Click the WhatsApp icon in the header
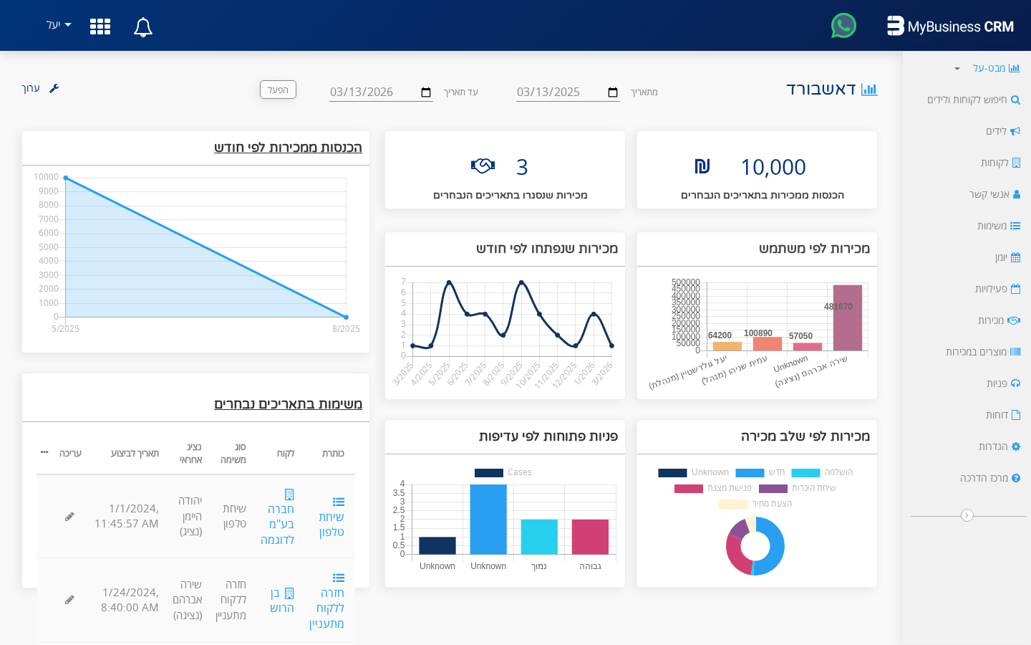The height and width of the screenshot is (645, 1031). [843, 26]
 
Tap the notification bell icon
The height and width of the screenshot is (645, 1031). [143, 27]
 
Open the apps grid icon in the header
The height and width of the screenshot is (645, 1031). [100, 27]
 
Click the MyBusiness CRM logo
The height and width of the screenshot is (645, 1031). [950, 27]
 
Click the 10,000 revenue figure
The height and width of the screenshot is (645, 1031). [773, 167]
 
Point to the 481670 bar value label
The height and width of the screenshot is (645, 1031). [838, 307]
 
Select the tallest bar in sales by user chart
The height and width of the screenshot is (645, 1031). [848, 317]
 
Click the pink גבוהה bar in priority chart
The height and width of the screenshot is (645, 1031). [590, 537]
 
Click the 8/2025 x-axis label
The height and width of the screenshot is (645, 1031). [346, 329]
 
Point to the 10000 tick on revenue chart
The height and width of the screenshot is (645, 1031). [47, 177]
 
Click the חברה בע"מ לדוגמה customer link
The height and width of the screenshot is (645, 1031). [278, 524]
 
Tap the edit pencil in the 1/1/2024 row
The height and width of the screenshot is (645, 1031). [69, 517]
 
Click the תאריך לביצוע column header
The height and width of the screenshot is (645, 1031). [135, 454]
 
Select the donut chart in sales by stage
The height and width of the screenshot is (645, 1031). [755, 546]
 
